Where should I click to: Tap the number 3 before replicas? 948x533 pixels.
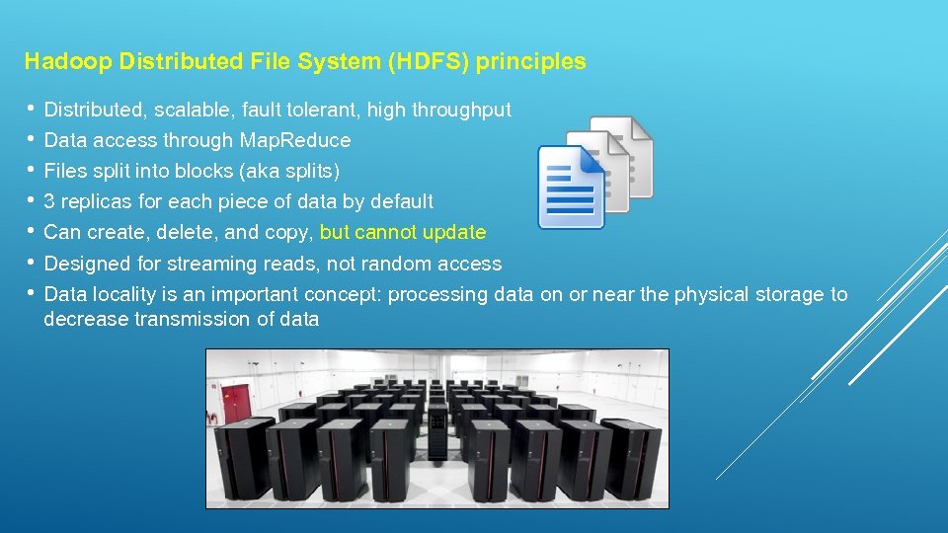pos(50,201)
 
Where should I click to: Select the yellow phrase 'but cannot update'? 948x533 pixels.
pos(403,233)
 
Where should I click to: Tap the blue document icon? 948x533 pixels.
pos(571,188)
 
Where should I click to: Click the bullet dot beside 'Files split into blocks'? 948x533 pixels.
pos(32,170)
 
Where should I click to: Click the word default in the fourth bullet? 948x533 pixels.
pos(401,201)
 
